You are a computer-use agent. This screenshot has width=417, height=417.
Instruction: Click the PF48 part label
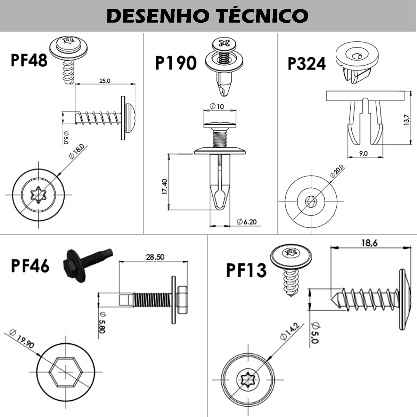click(29, 60)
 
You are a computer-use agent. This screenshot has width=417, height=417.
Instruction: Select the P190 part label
click(175, 63)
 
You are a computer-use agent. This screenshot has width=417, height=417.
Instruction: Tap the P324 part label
click(307, 64)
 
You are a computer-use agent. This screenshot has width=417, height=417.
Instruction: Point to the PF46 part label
click(30, 266)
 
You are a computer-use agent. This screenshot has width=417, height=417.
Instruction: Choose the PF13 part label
click(246, 270)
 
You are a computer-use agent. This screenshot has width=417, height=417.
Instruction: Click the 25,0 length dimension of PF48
click(105, 81)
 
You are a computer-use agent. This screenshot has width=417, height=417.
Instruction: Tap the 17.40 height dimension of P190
click(165, 187)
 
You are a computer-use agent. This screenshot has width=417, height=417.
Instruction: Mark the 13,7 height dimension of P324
click(407, 121)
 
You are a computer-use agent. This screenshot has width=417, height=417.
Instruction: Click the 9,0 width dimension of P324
click(363, 153)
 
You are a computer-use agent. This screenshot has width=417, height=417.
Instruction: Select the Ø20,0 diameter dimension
click(337, 171)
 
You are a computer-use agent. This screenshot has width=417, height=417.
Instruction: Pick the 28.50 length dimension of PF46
click(155, 257)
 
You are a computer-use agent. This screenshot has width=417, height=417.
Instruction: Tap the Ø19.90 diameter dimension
click(22, 339)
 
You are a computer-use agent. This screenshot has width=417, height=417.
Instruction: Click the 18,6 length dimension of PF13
click(369, 243)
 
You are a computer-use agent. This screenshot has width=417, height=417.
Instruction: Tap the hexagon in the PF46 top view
click(65, 372)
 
